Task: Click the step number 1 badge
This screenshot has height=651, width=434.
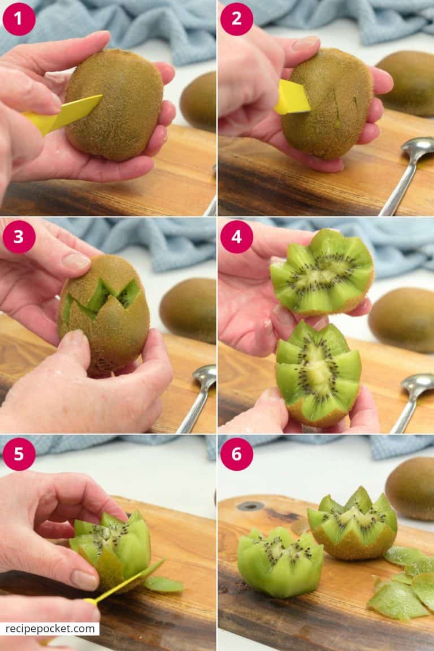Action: click(x=19, y=19)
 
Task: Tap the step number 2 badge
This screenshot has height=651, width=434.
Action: click(x=236, y=19)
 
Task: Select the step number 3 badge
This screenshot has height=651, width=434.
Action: click(x=19, y=236)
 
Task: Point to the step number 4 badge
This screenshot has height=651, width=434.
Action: click(x=236, y=236)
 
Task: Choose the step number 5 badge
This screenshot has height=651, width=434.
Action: click(x=19, y=454)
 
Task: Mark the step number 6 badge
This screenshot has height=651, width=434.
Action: click(x=236, y=454)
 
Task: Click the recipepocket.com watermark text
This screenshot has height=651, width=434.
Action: click(x=49, y=628)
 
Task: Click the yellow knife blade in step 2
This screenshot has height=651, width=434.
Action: click(x=292, y=98)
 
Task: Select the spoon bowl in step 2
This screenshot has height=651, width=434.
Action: click(x=417, y=149)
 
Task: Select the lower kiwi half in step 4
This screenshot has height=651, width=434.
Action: click(x=318, y=373)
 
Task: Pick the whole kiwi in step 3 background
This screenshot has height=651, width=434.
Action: click(x=189, y=310)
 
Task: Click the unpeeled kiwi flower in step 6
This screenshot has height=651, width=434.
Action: click(x=353, y=523)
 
